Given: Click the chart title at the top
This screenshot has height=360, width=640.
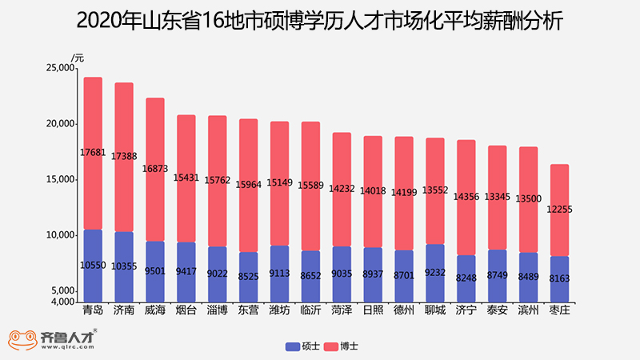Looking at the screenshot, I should tap(320, 22).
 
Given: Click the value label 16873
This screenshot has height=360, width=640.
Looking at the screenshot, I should tap(155, 169).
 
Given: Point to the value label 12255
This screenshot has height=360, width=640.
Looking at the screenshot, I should tap(560, 209).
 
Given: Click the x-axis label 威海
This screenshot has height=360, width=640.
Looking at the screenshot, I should tap(155, 310).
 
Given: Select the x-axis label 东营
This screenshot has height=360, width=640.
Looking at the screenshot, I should tap(248, 310).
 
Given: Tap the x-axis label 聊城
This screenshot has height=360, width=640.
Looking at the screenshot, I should tap(434, 310).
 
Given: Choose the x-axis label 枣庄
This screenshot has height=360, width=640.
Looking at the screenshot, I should tap(559, 310).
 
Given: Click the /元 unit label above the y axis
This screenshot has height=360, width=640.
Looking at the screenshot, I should tap(77, 57).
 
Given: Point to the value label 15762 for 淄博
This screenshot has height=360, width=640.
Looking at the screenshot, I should tap(217, 180).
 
